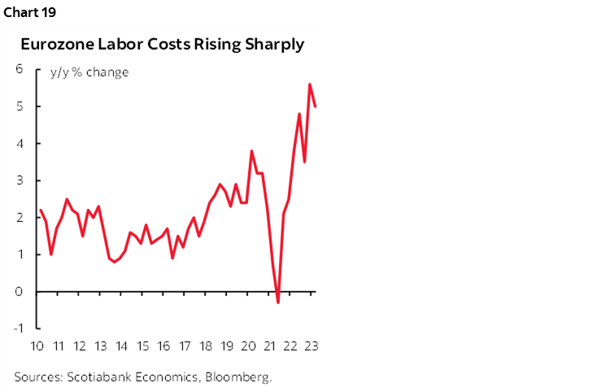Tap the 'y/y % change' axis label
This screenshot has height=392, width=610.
(89, 72)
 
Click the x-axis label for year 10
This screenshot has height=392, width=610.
(37, 345)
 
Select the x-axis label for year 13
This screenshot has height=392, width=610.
(100, 345)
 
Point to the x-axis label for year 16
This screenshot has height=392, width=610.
(163, 345)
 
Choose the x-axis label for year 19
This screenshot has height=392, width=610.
(227, 345)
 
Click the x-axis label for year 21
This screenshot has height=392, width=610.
(269, 345)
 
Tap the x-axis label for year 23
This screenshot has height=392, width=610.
(311, 345)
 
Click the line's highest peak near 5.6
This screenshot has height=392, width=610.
(310, 84)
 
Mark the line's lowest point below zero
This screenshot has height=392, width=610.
(278, 303)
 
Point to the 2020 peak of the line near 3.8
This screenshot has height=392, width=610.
(252, 150)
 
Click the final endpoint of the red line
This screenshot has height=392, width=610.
(316, 106)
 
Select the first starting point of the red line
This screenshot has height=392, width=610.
(40, 210)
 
